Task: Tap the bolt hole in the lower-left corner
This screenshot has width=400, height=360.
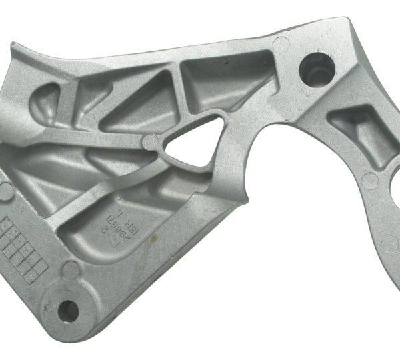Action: pyautogui.click(x=68, y=308)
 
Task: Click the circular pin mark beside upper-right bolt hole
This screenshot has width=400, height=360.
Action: pyautogui.click(x=282, y=45)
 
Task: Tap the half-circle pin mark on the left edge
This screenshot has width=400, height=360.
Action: pyautogui.click(x=6, y=191)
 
